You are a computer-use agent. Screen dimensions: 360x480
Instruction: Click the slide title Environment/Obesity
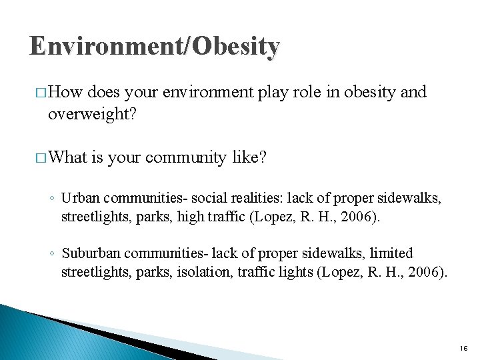click(x=155, y=47)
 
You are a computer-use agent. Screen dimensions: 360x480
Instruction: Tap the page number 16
click(x=463, y=348)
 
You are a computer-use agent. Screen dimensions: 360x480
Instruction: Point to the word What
click(x=69, y=157)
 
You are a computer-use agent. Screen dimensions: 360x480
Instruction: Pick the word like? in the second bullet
click(x=249, y=157)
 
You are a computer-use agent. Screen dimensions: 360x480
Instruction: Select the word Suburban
click(x=86, y=253)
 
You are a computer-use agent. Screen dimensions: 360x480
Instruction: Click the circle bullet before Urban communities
click(x=51, y=198)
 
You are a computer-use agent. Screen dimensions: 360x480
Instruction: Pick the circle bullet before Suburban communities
click(x=51, y=254)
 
